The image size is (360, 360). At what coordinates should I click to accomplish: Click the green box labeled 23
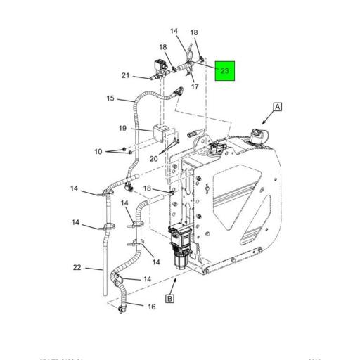[224, 71]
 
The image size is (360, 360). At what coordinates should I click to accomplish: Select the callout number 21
[126, 76]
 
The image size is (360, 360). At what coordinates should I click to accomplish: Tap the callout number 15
[110, 98]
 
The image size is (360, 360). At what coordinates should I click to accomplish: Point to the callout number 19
[122, 129]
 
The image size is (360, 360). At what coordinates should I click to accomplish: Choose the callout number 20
[154, 158]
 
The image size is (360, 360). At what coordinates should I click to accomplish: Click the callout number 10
[98, 151]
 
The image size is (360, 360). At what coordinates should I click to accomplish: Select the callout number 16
[150, 306]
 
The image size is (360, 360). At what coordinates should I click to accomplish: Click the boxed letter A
[278, 107]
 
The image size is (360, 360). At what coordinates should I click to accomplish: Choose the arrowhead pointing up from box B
[172, 278]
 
